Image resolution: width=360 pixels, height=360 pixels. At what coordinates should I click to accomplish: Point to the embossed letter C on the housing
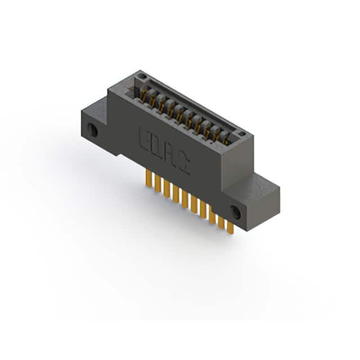pos(184,164)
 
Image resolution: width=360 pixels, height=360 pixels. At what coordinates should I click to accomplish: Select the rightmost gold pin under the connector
pos(230,227)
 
